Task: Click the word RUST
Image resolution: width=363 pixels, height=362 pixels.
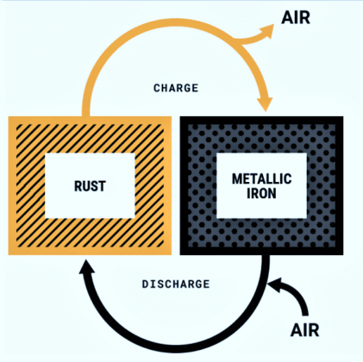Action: pyautogui.click(x=89, y=184)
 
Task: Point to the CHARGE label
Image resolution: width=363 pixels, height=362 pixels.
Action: pyautogui.click(x=176, y=88)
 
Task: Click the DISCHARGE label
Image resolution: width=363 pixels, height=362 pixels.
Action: pyautogui.click(x=175, y=284)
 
